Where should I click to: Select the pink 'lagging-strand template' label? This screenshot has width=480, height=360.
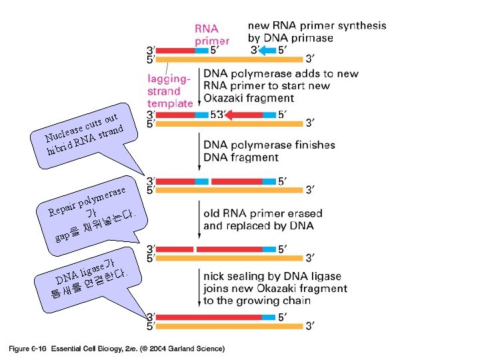[170, 91]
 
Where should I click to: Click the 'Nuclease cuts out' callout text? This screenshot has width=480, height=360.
[83, 127]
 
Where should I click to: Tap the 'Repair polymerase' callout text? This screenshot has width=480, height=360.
[91, 200]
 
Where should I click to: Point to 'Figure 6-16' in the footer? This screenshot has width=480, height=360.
[27, 348]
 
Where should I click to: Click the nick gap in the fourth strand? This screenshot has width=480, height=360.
[195, 249]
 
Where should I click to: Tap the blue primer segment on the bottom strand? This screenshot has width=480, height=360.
[269, 317]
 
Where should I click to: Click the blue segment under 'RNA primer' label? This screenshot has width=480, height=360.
[201, 50]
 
